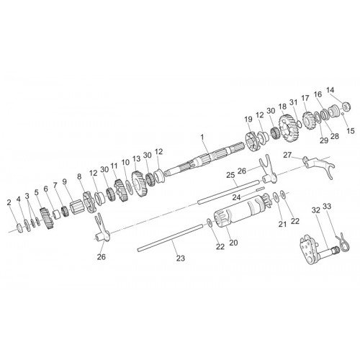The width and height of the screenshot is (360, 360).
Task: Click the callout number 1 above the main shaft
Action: tap(202, 137)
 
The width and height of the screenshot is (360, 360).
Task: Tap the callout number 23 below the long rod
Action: tap(181, 258)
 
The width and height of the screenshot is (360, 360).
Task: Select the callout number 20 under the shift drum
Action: tap(233, 243)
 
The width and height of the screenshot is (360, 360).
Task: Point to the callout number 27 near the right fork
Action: tap(287, 155)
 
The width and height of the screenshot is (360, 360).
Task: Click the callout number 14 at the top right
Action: tap(330, 90)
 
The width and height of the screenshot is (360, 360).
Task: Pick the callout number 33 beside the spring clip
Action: tap(327, 206)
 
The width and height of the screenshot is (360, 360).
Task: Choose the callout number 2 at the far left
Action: tap(9, 203)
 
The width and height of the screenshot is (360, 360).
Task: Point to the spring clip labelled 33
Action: tap(343, 242)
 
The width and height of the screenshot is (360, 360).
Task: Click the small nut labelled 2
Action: tap(20, 228)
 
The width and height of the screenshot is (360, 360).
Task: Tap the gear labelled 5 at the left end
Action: tap(46, 218)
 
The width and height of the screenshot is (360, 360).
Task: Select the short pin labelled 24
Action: tap(259, 189)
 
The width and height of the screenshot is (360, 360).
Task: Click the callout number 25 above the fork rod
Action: tap(230, 175)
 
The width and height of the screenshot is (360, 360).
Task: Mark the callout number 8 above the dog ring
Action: tap(79, 176)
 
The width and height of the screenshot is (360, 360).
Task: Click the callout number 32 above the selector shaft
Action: tap(316, 210)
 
